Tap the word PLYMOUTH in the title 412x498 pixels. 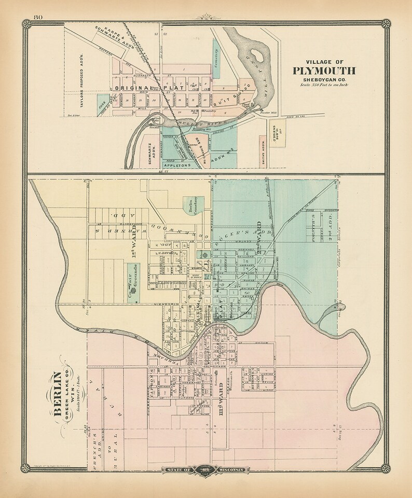[324, 71]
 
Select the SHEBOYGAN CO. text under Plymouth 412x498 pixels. [324, 79]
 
